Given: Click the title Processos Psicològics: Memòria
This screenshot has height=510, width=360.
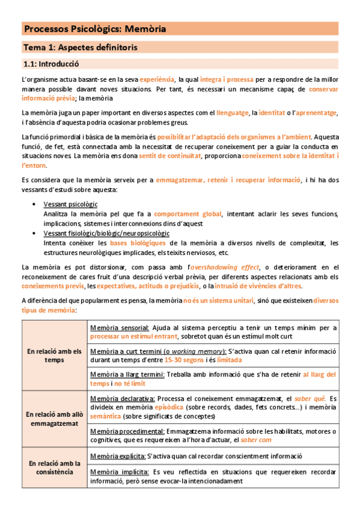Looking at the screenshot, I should [95, 29].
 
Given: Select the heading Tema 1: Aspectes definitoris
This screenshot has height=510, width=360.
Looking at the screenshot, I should [80, 47].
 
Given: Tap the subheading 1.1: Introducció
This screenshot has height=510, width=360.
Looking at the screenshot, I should [51, 63].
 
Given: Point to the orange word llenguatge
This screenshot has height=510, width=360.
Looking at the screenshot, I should [233, 112].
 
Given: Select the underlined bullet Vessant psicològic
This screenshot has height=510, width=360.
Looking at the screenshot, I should [70, 204].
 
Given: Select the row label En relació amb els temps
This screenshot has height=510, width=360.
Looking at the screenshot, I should [53, 355].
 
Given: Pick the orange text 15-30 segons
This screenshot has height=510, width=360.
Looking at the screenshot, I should [185, 360].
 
